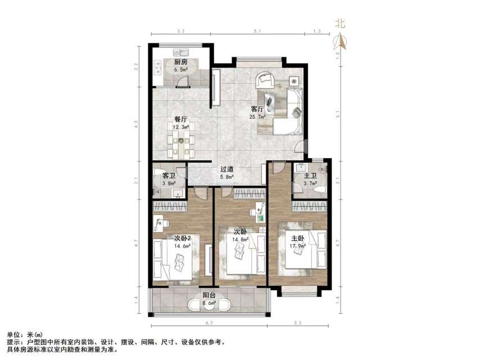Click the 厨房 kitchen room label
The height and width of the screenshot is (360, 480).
point(180,62)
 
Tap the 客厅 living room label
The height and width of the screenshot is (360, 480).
point(257,109)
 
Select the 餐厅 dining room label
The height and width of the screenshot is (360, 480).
point(180,120)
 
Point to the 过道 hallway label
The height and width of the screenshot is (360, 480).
point(227,169)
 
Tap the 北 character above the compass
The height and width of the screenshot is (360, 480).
point(340,24)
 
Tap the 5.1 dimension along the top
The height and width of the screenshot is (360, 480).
point(257,31)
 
